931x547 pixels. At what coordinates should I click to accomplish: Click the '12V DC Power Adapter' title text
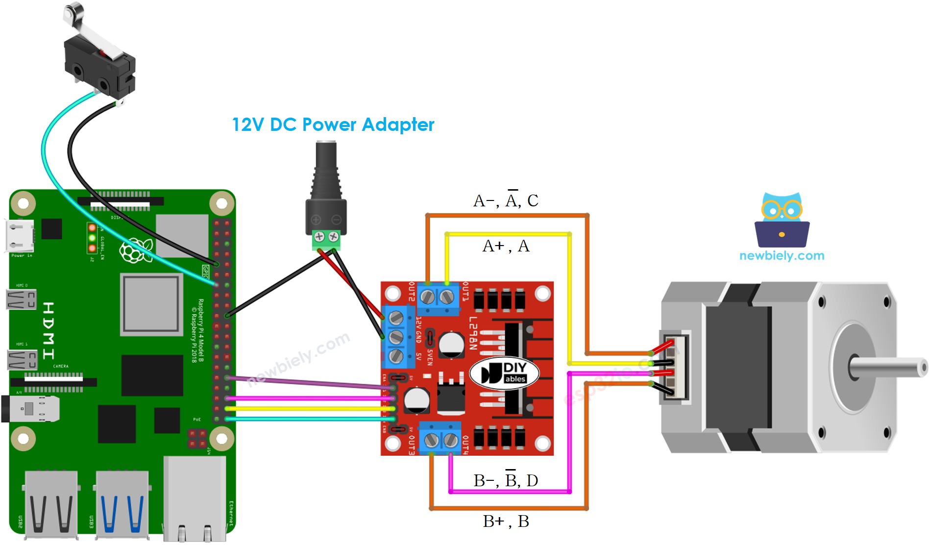(x=333, y=124)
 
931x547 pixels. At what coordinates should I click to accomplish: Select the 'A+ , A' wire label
(x=506, y=246)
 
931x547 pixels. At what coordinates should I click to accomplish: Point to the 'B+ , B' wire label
(x=506, y=521)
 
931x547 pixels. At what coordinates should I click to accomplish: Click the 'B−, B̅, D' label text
(x=506, y=480)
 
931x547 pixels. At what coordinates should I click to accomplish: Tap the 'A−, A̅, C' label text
(x=506, y=200)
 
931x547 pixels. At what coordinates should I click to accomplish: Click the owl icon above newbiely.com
(x=782, y=221)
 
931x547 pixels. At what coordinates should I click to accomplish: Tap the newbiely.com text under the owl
(x=782, y=255)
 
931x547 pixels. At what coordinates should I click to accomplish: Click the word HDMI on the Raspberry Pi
(x=49, y=330)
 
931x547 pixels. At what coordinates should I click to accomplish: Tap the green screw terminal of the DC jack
(x=326, y=238)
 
